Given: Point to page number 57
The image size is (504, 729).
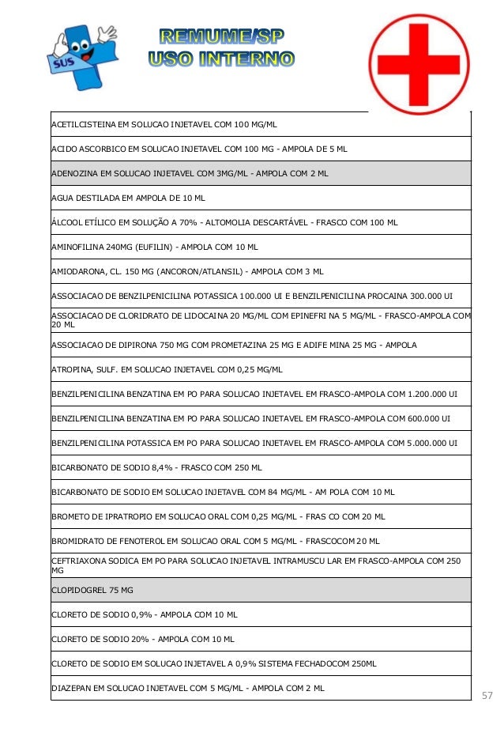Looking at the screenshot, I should (x=487, y=696).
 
